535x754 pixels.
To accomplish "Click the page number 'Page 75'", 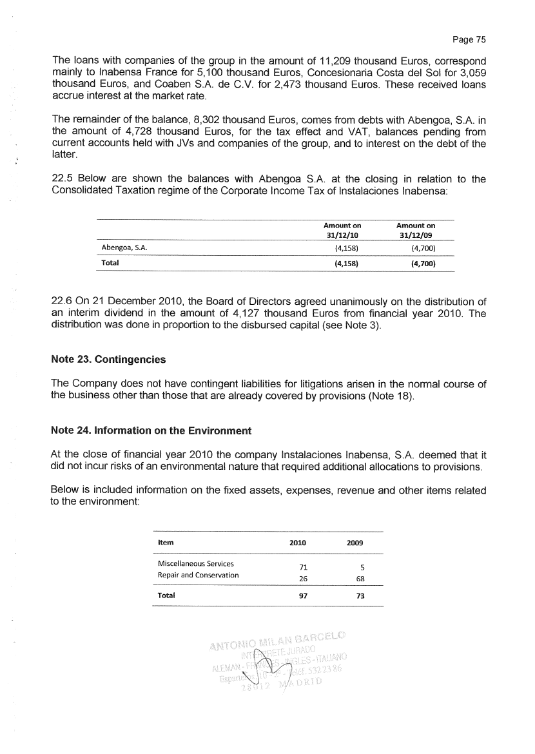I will tap(469, 39).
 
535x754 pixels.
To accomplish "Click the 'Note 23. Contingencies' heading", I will tap(108, 359).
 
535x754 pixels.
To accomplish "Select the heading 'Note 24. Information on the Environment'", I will tap(151, 430).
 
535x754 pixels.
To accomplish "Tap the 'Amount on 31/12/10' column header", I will tap(342, 230).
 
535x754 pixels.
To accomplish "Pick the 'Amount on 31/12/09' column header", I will tap(416, 230).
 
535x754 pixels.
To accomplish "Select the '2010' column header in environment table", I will tap(298, 543).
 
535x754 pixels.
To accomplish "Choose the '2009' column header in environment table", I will tap(355, 543).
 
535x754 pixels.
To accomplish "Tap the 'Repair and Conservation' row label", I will tap(198, 575).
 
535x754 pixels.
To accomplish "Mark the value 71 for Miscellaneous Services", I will tap(298, 567).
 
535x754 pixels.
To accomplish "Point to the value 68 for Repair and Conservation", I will tap(359, 578).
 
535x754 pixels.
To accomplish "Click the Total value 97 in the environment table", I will tap(298, 596).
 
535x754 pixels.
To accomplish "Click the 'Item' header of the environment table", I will tap(166, 543).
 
